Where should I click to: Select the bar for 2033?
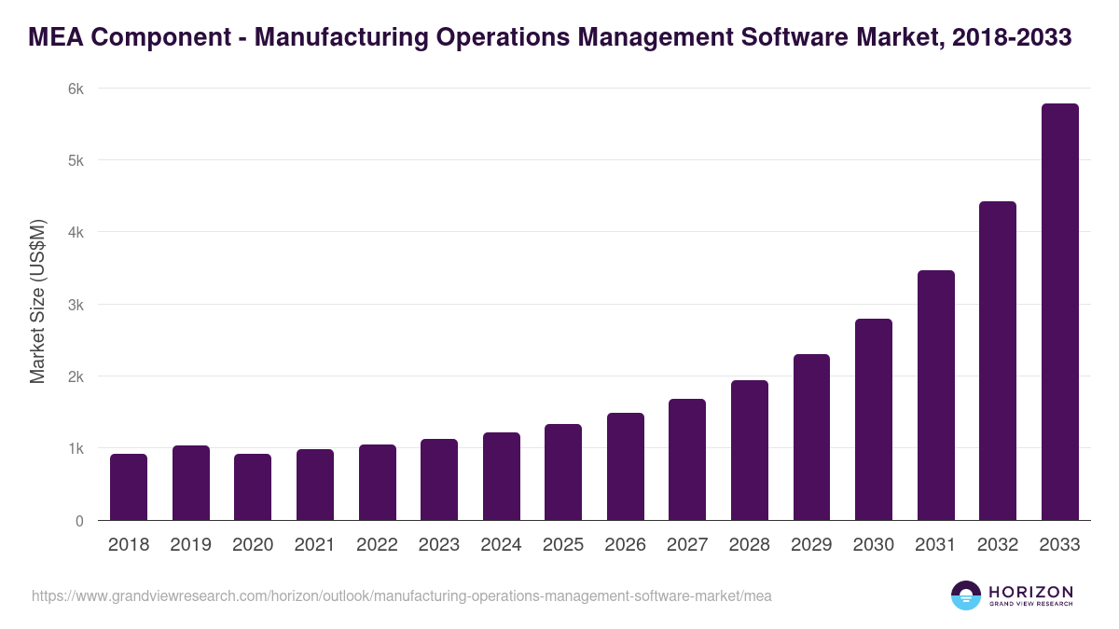coord(1059,312)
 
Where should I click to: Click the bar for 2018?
coord(129,487)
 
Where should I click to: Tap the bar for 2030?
coord(874,419)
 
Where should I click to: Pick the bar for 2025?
coord(563,472)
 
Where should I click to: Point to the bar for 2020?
coord(253,487)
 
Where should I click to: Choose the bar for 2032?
coord(998,361)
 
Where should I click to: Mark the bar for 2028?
coord(750,450)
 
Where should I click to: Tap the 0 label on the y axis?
coord(79,521)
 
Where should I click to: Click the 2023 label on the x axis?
coord(439,545)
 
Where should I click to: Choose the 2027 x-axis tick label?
coord(687,545)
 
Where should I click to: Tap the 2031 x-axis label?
coord(935,545)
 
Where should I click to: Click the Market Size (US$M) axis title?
coord(37,303)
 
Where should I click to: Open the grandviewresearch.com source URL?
coord(401,595)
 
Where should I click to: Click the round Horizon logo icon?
coord(966,595)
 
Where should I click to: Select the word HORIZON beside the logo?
coord(1030,591)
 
